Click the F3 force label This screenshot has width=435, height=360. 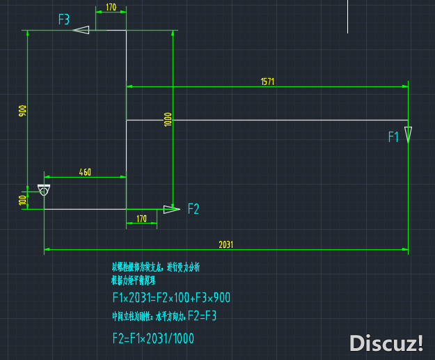(64, 19)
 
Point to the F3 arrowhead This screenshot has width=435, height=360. (81, 30)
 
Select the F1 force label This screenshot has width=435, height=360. (393, 137)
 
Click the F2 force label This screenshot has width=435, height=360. (193, 208)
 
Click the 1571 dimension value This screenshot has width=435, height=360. (268, 81)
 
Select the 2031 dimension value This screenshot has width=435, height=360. (226, 244)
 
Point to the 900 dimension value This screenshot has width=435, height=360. (22, 111)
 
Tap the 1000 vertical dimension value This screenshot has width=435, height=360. (168, 119)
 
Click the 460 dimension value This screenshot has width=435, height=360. (85, 172)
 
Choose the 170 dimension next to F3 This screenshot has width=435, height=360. (111, 8)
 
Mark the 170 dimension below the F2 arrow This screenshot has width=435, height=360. (141, 219)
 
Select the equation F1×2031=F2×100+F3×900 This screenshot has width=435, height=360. (171, 298)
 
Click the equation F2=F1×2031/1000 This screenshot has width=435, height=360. (153, 338)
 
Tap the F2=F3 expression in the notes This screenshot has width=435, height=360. (203, 316)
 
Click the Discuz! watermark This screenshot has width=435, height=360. (386, 343)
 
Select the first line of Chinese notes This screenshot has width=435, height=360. (156, 267)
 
